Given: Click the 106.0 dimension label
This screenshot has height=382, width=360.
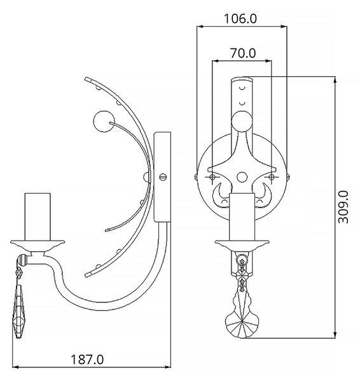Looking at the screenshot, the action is pos(240,18).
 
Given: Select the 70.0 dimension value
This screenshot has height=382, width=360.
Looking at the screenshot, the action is pos(243,53).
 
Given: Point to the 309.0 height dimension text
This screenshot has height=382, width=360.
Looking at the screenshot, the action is pos(343,207).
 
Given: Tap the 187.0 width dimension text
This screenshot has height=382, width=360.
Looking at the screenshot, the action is pos(87,360).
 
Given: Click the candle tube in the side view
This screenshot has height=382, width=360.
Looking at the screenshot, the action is pos(38,217).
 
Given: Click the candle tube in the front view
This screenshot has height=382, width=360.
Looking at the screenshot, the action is pos(242,217).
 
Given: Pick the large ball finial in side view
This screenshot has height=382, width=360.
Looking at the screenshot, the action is pos(104,122).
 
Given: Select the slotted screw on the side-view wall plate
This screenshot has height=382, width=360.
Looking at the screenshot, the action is pos(163,176).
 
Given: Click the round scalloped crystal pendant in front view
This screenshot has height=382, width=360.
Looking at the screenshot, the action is pos(242,325).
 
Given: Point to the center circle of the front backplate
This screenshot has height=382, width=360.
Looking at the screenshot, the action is pos(242,177).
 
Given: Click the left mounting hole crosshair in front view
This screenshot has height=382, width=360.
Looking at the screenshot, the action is pos(212,177).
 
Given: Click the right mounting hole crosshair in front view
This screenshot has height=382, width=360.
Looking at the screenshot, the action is pos(272,177).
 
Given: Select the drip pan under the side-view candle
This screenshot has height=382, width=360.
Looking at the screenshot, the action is pos(38,246).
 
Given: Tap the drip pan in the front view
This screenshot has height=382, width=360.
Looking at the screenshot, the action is pos(242,246).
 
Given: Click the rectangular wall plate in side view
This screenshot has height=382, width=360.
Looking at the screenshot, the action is pos(162,177).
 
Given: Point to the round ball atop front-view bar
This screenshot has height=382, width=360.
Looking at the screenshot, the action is pos(242,122).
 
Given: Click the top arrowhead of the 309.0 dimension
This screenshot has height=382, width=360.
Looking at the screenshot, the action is pos(335,80).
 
